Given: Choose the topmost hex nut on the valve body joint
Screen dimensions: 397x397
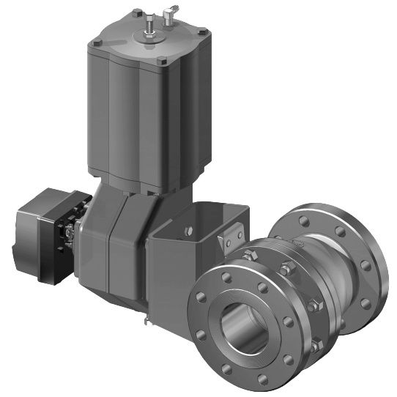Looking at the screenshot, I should pos(249,254).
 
